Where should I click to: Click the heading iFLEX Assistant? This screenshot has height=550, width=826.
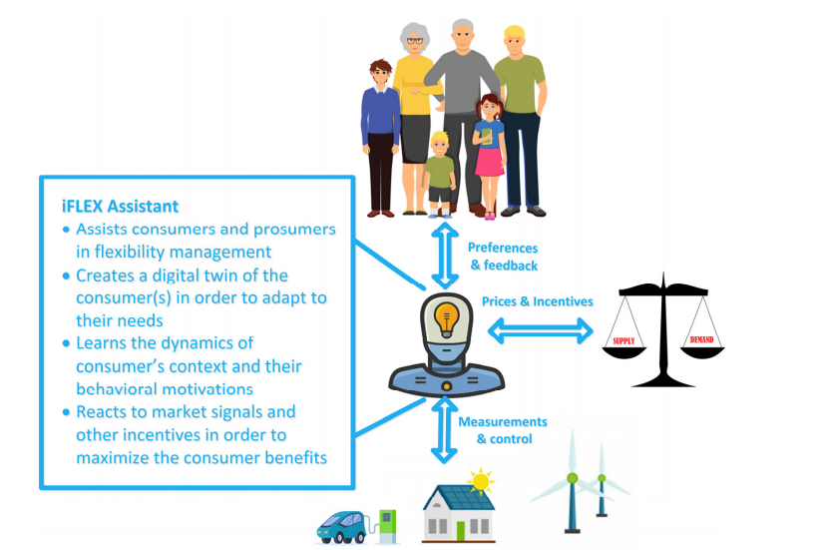[x=120, y=207]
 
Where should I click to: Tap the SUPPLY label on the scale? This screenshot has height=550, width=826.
[x=623, y=341]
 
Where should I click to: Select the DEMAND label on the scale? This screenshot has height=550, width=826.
[x=701, y=339]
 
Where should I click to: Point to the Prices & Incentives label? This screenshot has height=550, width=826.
[x=538, y=301]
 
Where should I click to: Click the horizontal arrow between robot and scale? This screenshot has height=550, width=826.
[x=540, y=330]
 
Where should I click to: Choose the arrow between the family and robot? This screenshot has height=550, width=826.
[x=445, y=256]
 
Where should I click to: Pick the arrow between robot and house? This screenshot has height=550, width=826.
[x=444, y=430]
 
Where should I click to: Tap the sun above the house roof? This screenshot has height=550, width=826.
[x=481, y=481]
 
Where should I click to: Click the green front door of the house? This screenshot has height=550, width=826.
[x=461, y=530]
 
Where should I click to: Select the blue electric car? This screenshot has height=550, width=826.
[x=341, y=527]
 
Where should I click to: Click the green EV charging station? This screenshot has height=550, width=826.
[x=387, y=526]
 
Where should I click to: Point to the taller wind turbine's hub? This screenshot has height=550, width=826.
[x=572, y=478]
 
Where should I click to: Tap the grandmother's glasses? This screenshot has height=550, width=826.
[x=415, y=41]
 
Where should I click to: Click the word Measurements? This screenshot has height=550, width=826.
[x=503, y=421]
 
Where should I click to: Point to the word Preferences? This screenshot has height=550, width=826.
[x=503, y=248]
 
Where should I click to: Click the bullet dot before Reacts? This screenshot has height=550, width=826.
[x=66, y=412]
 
